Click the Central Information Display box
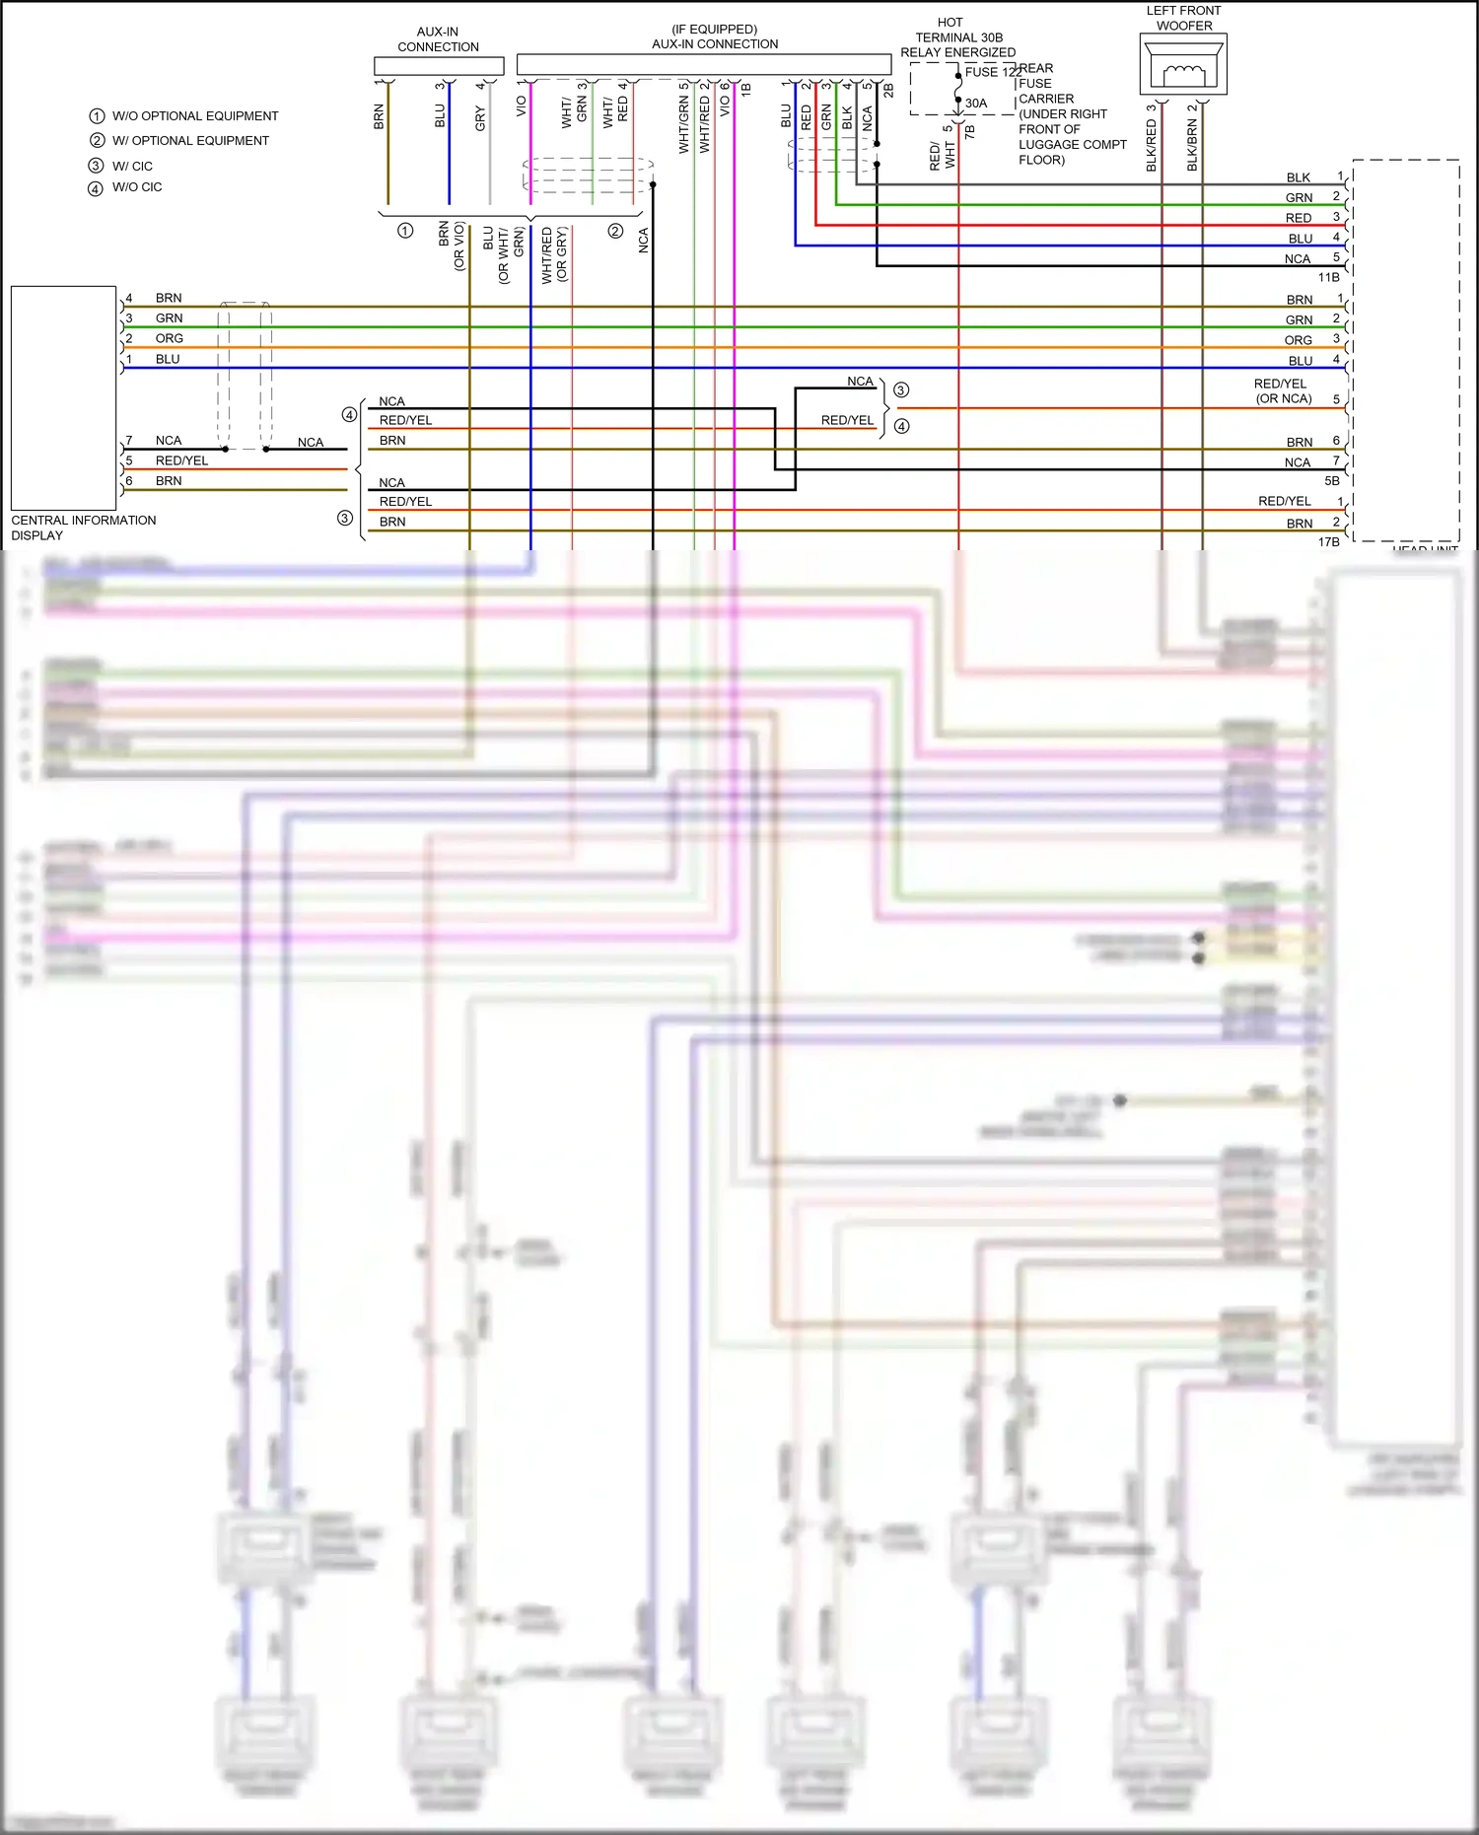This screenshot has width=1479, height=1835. [64, 398]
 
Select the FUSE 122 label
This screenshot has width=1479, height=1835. [991, 72]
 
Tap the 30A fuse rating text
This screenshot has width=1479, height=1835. [976, 103]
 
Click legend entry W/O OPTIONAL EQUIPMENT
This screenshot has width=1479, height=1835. [194, 116]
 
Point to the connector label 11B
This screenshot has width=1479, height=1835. [1328, 278]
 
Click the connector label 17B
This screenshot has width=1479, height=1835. [1328, 542]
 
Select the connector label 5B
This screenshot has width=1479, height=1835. [1331, 481]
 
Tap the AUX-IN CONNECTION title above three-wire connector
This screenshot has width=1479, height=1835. [438, 39]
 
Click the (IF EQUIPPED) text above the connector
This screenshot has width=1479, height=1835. [714, 30]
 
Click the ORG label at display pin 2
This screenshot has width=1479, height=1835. [169, 338]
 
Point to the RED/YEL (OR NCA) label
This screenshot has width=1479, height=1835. [1282, 391]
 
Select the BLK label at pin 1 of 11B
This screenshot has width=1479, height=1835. [1298, 177]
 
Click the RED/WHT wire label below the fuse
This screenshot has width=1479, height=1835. [942, 155]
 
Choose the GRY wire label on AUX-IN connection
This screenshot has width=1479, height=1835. [480, 119]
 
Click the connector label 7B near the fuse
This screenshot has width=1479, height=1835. [969, 131]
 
